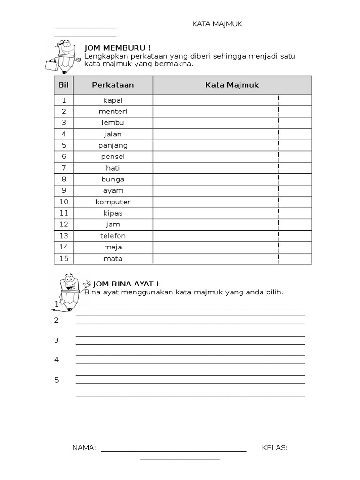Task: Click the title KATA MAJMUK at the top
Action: pos(217,24)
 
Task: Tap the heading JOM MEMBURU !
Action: pos(117,48)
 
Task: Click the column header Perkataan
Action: pos(113,85)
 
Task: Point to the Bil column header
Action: pos(64,85)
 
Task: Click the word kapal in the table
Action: pos(113,100)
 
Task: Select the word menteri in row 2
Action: pos(113,112)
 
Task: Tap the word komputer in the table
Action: pos(113,202)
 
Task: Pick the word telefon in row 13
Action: pos(113,236)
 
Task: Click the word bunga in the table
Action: pos(113,179)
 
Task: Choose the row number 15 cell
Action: pos(64,258)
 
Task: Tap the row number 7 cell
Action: pos(64,168)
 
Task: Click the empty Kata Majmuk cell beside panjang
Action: pos(216,145)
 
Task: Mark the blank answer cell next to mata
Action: pos(216,258)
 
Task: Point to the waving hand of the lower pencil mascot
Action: pos(86,284)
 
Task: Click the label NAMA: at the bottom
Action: pos(84,448)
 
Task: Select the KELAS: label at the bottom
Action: pos(275,448)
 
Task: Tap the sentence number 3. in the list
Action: pos(57,340)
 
